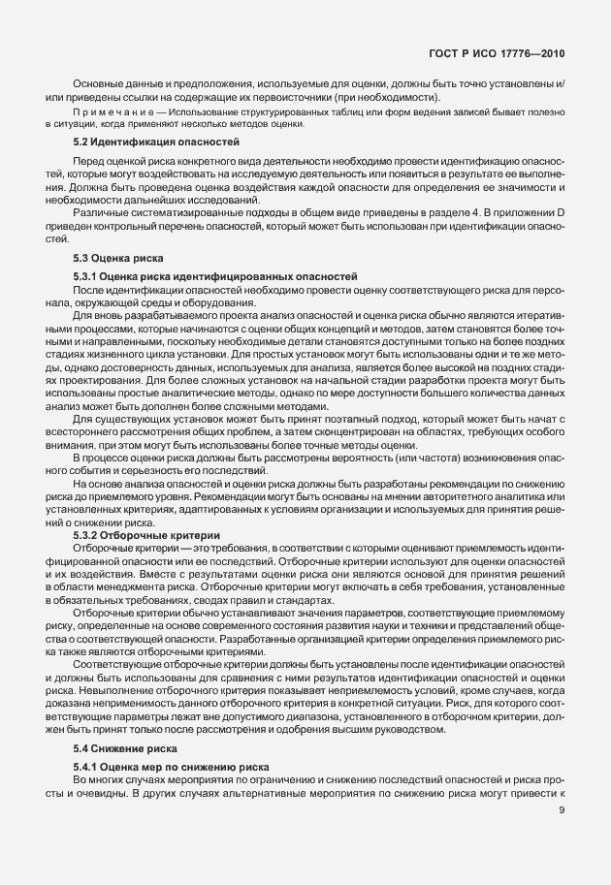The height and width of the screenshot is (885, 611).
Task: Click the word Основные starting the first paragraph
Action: click(x=97, y=84)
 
